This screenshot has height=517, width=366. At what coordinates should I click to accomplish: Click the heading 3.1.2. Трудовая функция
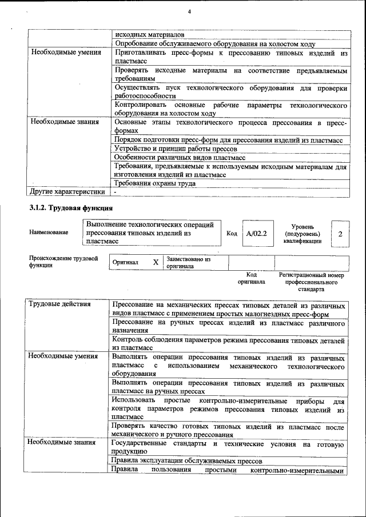click(x=71, y=207)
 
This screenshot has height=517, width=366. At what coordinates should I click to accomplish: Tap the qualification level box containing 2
click(x=340, y=234)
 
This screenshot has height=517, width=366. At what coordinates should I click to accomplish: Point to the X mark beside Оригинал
click(x=155, y=262)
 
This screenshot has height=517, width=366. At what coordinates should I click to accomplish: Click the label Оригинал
click(x=125, y=262)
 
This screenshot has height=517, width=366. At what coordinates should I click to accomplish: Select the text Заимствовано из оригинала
click(x=188, y=263)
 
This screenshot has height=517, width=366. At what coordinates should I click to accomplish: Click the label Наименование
click(x=49, y=233)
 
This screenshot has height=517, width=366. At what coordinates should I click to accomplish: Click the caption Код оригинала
click(x=251, y=278)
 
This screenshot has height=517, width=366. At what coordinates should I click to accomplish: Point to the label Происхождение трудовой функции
click(x=63, y=262)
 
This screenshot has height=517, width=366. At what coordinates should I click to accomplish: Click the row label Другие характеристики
click(x=67, y=191)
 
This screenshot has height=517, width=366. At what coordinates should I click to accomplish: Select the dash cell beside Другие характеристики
click(x=115, y=192)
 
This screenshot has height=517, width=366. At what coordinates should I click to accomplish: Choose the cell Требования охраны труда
click(x=155, y=183)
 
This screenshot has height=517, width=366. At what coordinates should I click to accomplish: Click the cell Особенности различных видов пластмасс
click(x=180, y=157)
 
